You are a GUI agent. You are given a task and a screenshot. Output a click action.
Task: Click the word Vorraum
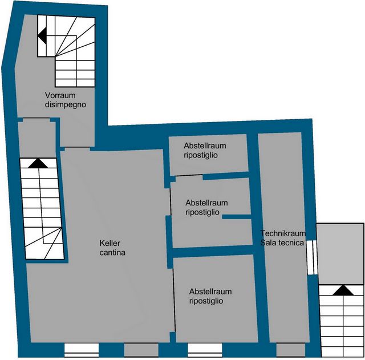click(x=60, y=95)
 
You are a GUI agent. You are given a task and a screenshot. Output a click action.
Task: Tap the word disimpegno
click(x=66, y=105)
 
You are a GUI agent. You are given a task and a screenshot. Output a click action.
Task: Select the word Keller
click(x=109, y=243)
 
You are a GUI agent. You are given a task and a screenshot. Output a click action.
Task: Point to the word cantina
click(x=112, y=253)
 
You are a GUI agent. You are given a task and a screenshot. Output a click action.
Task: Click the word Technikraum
click(x=283, y=233)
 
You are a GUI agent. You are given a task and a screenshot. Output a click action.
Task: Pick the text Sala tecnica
click(x=282, y=242)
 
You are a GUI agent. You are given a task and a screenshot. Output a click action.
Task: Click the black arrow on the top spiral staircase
click(x=42, y=36)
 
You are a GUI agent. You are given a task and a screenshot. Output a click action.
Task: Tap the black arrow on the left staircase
click(x=38, y=163)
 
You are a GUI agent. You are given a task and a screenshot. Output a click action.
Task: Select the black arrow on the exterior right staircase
click(x=343, y=290)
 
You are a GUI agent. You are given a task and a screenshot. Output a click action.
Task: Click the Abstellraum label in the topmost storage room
click(x=205, y=146)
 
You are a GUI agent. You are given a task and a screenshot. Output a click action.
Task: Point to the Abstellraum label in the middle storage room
click(x=206, y=203)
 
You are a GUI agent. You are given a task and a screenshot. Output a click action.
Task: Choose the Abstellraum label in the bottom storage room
click(x=210, y=292)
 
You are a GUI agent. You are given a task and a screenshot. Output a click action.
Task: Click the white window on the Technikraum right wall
click(x=312, y=257)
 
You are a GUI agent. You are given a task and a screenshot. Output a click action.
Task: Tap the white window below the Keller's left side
click(x=82, y=350)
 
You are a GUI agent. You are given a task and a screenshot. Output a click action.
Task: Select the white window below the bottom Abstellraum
click(x=205, y=350)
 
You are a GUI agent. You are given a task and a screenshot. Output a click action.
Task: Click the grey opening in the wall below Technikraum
click(x=290, y=350)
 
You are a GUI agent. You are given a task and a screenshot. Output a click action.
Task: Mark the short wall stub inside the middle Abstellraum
click(x=237, y=217)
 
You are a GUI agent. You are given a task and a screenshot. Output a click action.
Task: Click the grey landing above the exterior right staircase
click(x=340, y=254)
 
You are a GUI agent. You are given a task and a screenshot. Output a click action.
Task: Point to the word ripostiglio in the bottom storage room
click(x=206, y=301)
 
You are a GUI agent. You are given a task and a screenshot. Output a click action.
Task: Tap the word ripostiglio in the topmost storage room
click(x=201, y=155)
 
